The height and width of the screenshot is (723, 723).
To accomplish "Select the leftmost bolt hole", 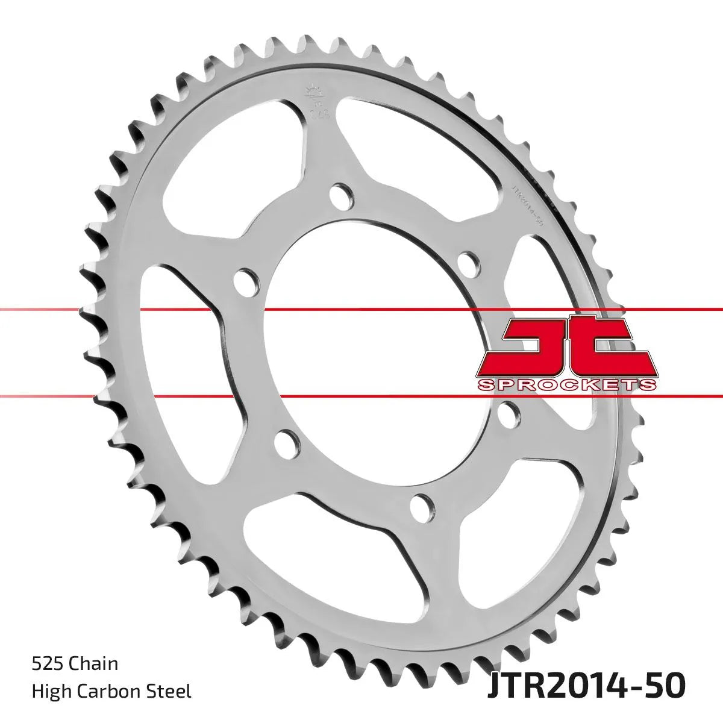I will [x=244, y=278].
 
